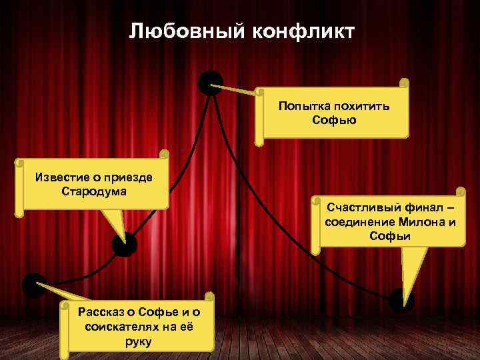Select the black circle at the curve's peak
[211, 83]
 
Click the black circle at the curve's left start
[34, 285]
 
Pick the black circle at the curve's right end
[401, 300]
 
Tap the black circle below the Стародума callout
[124, 245]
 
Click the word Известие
[59, 178]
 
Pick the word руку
[138, 342]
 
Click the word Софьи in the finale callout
[389, 236]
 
